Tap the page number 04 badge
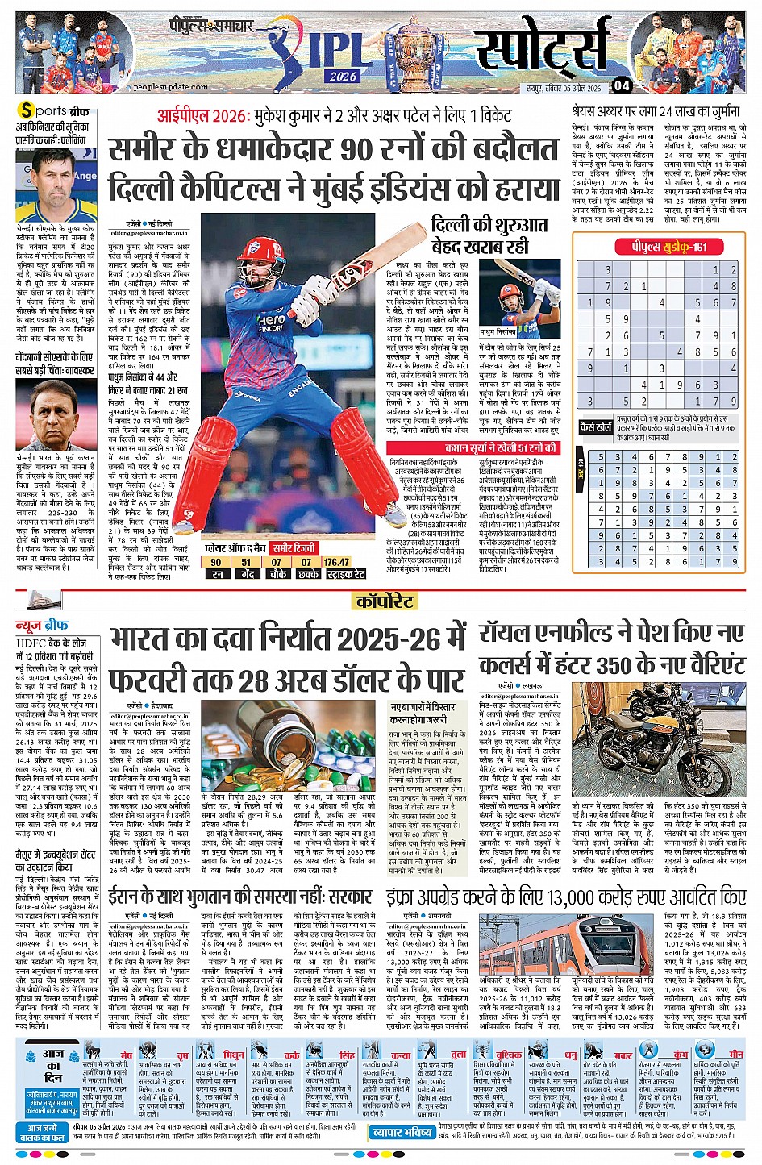(621, 85)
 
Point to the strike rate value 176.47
(337, 562)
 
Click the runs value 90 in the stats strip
(216, 562)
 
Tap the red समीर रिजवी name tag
(294, 549)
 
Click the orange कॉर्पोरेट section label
(385, 601)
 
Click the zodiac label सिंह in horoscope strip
(347, 1055)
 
